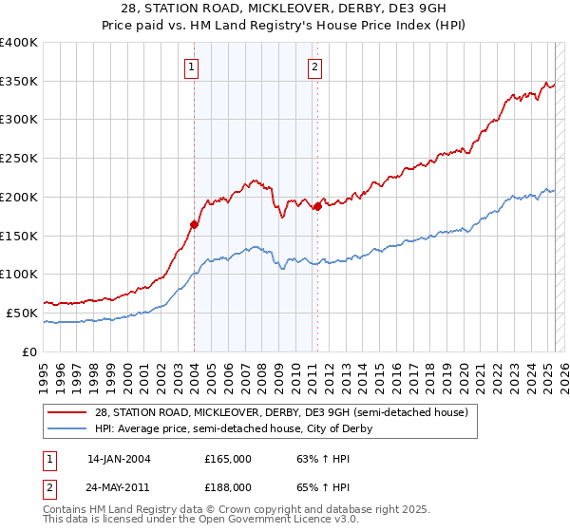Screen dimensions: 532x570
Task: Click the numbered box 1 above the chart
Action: (192, 66)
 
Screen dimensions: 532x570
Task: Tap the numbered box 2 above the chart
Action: (314, 66)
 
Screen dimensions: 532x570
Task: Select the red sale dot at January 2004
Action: (194, 224)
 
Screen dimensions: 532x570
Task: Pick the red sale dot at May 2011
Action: (317, 207)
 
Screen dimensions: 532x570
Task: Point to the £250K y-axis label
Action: (18, 159)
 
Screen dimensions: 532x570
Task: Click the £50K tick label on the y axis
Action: (22, 313)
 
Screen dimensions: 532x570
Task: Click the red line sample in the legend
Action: (67, 413)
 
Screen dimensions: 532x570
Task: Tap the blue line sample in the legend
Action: (67, 428)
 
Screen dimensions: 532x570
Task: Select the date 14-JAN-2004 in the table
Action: (119, 459)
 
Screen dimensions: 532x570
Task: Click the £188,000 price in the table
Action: (228, 486)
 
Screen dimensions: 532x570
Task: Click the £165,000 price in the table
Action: (228, 459)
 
